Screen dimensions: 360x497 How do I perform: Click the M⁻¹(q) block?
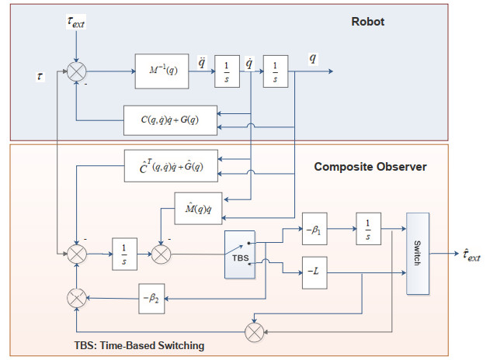pyautogui.click(x=162, y=71)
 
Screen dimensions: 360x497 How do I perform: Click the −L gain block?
pyautogui.click(x=315, y=271)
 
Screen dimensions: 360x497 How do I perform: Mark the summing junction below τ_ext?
pyautogui.click(x=76, y=71)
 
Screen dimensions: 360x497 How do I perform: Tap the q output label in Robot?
pyautogui.click(x=312, y=58)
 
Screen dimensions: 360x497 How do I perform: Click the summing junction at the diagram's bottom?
pyautogui.click(x=254, y=331)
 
